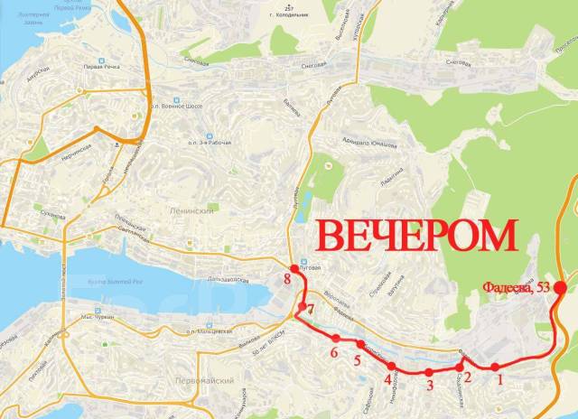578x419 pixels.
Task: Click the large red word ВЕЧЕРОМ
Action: click(x=417, y=235)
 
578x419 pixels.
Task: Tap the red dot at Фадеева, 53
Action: click(x=560, y=288)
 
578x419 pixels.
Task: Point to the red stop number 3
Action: click(x=430, y=386)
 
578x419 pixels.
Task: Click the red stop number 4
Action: click(x=387, y=380)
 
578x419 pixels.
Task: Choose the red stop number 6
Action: click(x=334, y=352)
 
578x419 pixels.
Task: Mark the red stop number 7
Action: click(x=309, y=310)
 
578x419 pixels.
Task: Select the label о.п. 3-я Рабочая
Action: click(x=210, y=143)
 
